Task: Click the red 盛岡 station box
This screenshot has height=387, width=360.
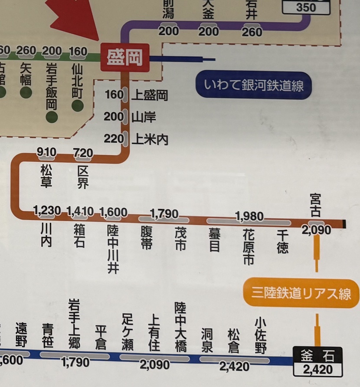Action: click(125, 57)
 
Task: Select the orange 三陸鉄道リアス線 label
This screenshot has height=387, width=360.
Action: click(301, 294)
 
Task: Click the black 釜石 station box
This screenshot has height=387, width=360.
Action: click(318, 357)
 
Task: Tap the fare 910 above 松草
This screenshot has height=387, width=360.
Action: click(46, 152)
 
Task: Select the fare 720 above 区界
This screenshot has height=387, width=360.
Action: click(83, 152)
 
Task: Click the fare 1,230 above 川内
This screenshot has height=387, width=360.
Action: click(47, 212)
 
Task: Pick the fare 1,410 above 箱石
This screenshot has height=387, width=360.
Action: click(80, 212)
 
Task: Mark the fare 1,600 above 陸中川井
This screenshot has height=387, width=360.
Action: click(114, 212)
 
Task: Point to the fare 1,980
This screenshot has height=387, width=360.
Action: click(249, 216)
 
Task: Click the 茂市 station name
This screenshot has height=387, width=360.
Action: click(180, 238)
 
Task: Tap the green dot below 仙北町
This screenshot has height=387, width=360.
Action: click(78, 105)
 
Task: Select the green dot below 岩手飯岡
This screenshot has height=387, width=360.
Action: click(52, 117)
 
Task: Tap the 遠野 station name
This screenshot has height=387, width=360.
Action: click(21, 335)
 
